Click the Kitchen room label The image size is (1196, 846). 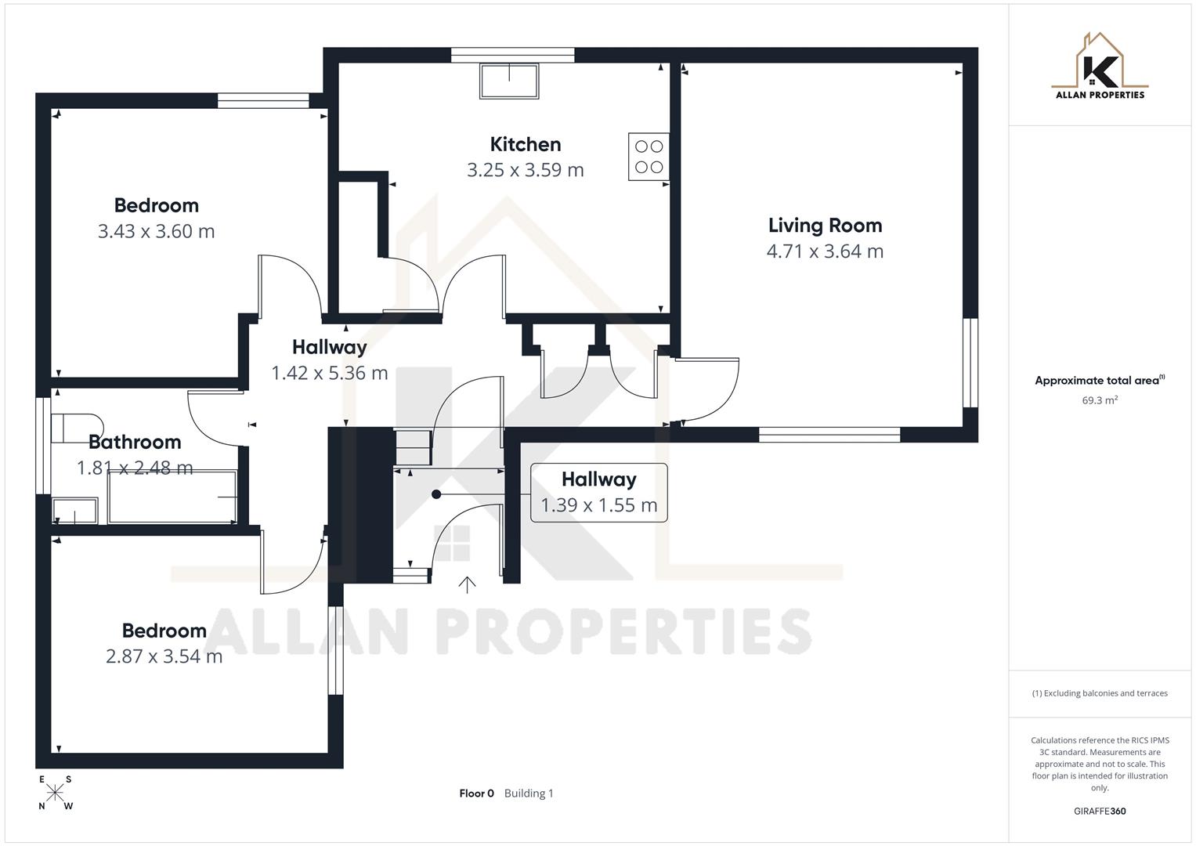click(x=525, y=144)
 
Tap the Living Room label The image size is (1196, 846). click(x=825, y=226)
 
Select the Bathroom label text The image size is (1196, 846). click(x=135, y=442)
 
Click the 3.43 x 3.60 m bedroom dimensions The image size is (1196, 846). click(x=156, y=231)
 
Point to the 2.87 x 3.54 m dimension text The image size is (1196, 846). click(x=164, y=656)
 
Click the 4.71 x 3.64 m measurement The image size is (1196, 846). click(x=825, y=251)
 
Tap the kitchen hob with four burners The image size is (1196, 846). click(x=649, y=157)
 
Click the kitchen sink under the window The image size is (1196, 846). click(x=509, y=81)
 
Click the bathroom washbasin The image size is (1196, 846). click(x=74, y=511)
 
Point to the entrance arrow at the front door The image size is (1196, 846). click(x=467, y=584)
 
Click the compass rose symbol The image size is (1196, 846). click(x=55, y=792)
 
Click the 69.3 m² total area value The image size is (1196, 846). click(x=1100, y=400)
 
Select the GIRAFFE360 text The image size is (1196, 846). click(x=1100, y=811)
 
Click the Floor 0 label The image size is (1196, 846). click(x=476, y=794)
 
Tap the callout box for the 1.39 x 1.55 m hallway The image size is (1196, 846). click(x=598, y=493)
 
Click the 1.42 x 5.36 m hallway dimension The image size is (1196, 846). click(x=329, y=373)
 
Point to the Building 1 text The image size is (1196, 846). click(x=529, y=794)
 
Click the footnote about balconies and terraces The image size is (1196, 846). click(x=1100, y=693)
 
